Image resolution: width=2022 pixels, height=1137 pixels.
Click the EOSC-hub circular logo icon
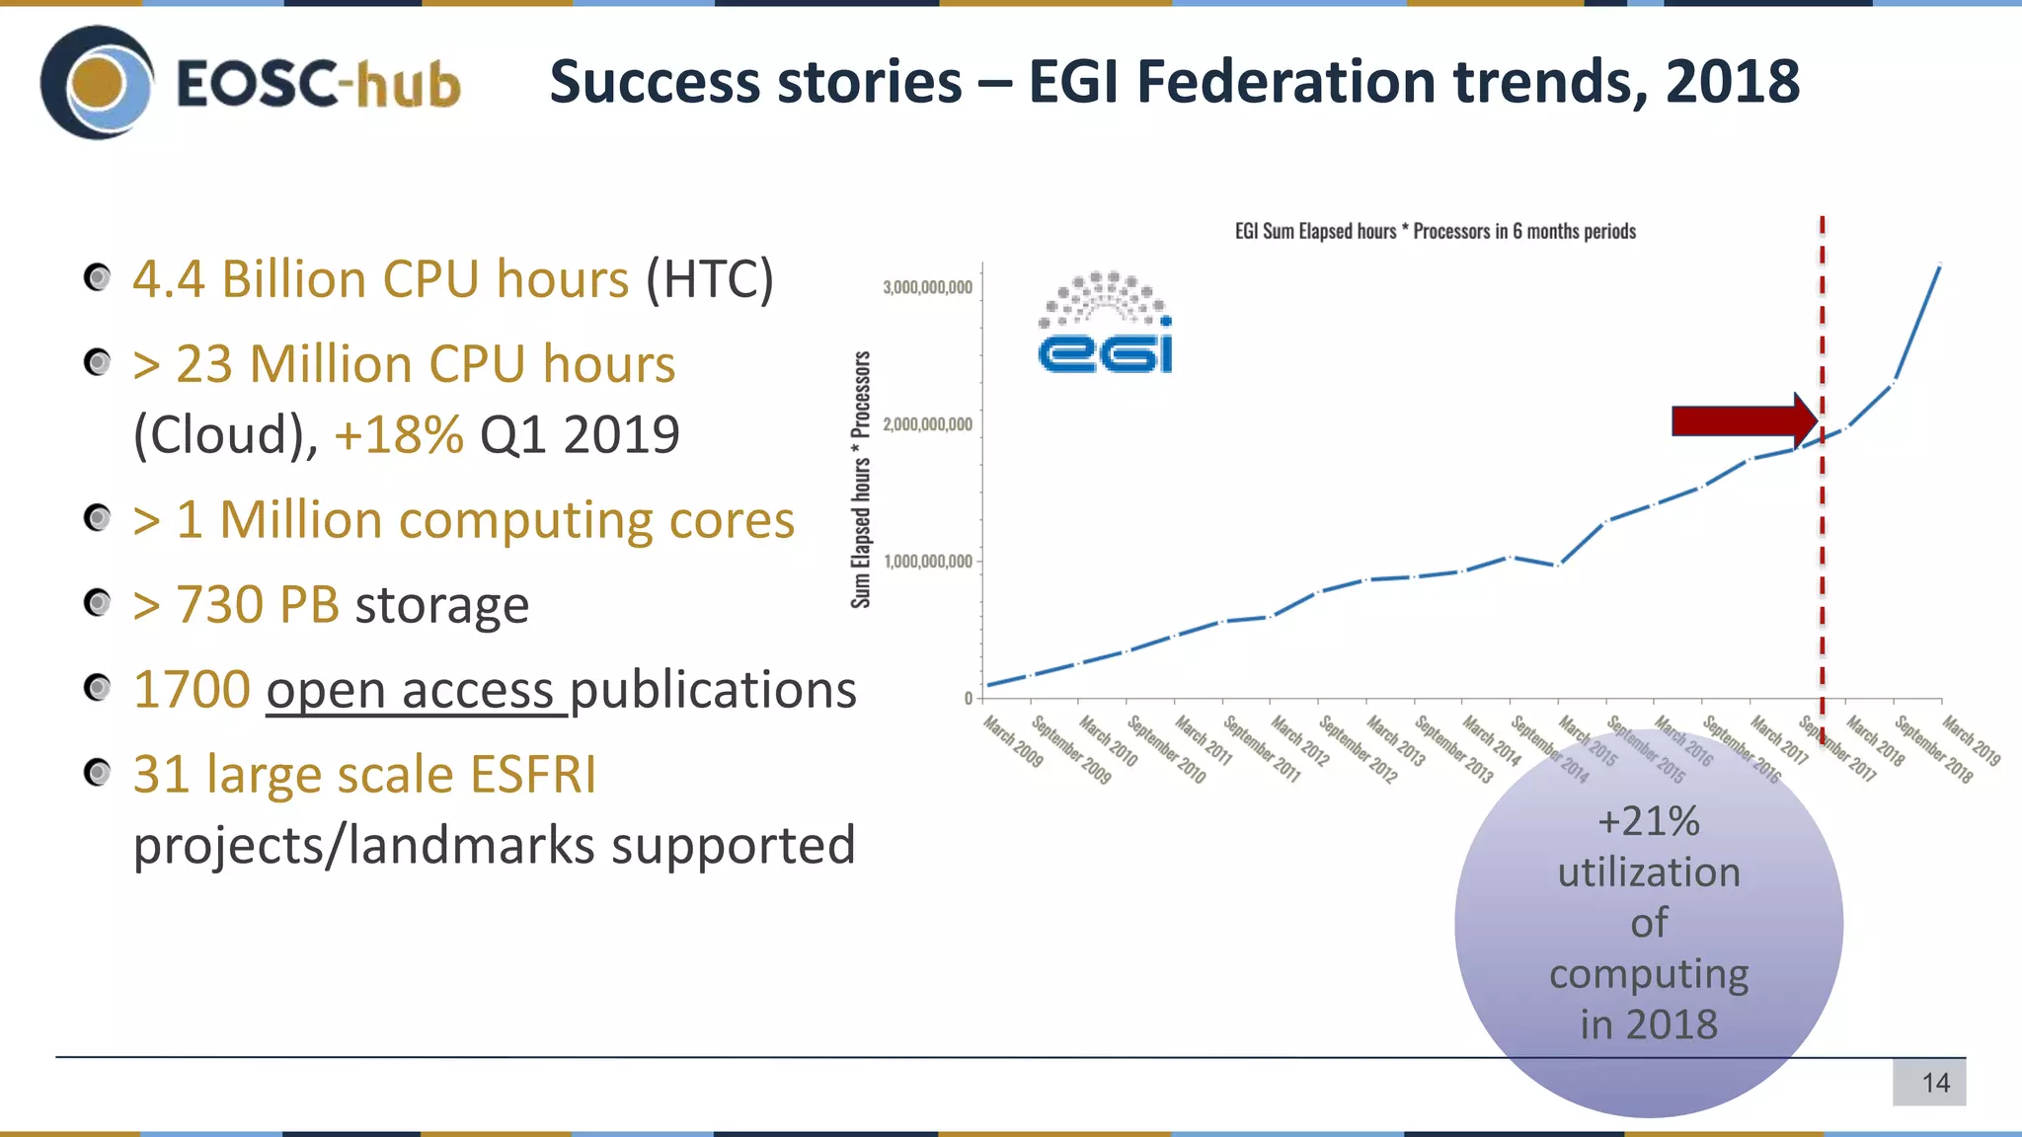97,83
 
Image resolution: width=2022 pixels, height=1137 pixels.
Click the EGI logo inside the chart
1106,324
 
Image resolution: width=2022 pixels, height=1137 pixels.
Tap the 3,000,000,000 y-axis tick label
927,287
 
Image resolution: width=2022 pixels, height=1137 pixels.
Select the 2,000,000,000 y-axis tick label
927,424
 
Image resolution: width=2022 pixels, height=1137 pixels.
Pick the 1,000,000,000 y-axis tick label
928,562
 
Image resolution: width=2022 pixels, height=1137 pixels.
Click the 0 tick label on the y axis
969,698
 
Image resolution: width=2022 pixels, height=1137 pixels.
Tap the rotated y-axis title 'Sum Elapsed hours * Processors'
861,480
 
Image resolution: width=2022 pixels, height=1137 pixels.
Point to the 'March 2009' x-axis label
1014,742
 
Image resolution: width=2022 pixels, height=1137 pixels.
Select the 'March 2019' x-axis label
1971,742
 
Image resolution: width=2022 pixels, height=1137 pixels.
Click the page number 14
1935,1083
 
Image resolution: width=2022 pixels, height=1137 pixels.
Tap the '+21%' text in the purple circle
1649,821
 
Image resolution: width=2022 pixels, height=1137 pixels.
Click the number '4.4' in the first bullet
169,279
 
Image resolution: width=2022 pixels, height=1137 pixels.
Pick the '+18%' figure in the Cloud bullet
399,434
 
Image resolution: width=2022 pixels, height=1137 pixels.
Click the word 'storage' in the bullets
441,605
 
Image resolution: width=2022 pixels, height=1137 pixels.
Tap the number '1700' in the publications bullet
193,690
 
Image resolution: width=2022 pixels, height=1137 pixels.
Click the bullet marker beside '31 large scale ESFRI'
97,772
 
